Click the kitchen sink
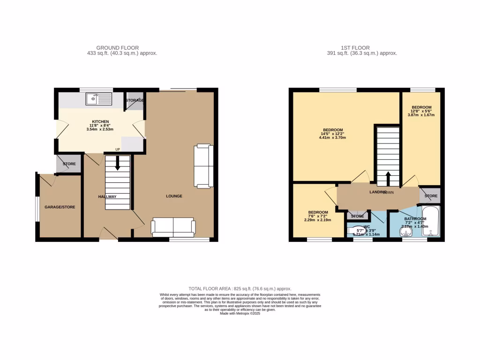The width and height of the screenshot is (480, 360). (98, 99)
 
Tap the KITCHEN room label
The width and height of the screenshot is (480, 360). (101, 121)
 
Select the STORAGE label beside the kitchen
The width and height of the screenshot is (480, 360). (135, 100)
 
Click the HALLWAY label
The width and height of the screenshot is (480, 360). (107, 196)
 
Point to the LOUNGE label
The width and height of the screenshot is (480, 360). (173, 196)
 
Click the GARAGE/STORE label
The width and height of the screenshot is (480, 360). (60, 207)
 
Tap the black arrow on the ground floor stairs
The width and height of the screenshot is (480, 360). (117, 163)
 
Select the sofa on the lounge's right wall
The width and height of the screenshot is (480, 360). (203, 166)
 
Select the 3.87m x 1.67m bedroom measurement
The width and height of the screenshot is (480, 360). (422, 115)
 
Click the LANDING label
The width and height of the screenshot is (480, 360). (378, 192)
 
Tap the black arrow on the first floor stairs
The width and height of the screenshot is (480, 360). (388, 179)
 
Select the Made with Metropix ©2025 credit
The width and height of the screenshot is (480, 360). (240, 314)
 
